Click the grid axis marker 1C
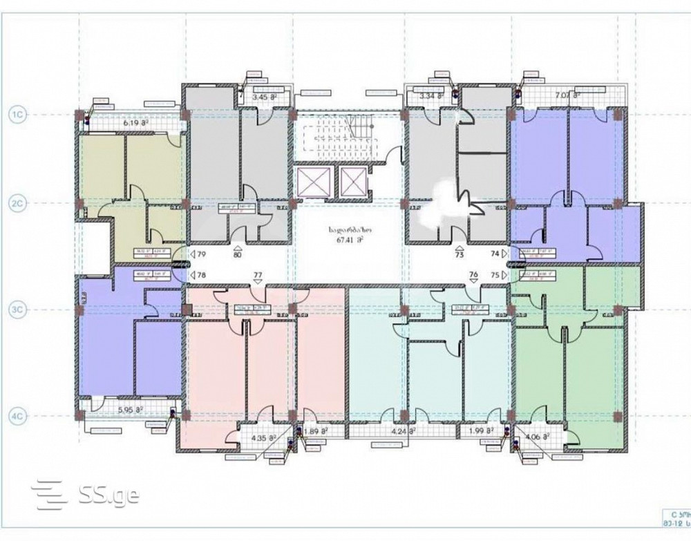click(x=18, y=113)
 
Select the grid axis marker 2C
click(x=18, y=203)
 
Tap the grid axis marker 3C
click(x=18, y=311)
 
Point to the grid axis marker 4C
click(x=18, y=416)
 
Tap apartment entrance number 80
click(x=238, y=254)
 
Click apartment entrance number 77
click(x=258, y=276)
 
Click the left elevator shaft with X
click(x=310, y=182)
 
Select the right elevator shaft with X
click(x=351, y=182)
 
